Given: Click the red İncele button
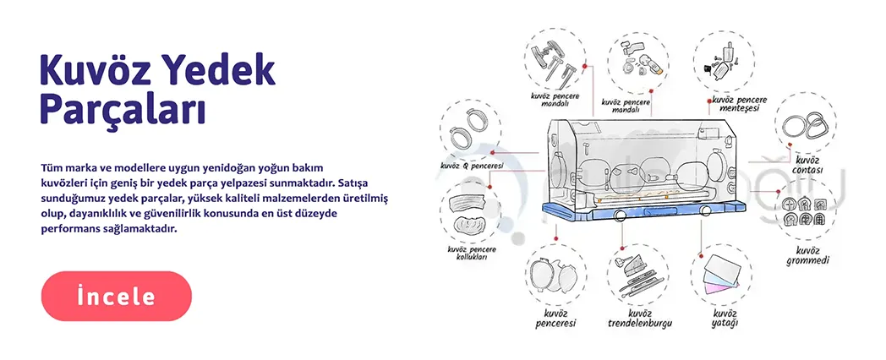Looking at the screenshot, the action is pos(117,296).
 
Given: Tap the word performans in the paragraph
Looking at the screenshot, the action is pos(71,230).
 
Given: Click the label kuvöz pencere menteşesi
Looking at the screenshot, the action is pos(739,103).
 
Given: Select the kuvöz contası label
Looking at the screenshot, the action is pos(807,165).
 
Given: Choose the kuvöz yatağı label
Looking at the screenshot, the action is pos(725,319).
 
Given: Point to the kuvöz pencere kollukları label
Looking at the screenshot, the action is pos(472,253).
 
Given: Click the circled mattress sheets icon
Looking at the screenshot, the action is pos(722,274).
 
